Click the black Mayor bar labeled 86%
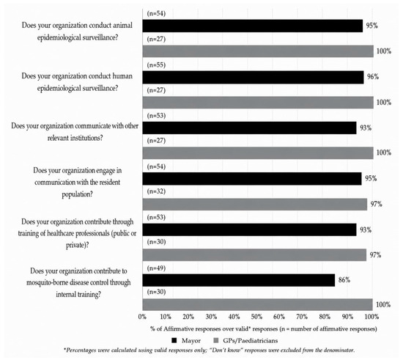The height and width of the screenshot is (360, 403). point(239,280)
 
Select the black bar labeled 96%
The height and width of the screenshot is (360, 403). point(254,78)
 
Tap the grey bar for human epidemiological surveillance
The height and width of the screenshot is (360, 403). point(258,103)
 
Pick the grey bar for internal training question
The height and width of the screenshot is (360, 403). point(257,304)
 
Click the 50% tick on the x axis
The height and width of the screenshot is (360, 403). point(256,317)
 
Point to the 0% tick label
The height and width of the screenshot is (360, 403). point(142,317)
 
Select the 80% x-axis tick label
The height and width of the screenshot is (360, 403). point(325,317)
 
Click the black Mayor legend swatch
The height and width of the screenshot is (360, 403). point(174,340)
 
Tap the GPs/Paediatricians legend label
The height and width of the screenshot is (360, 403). point(251,341)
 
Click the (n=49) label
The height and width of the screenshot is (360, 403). point(156,268)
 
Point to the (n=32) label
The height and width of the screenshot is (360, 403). point(156,191)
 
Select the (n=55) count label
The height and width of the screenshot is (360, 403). point(156,65)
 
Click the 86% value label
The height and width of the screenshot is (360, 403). point(344,280)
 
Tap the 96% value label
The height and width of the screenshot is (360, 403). point(373,77)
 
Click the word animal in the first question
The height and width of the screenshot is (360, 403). point(123,26)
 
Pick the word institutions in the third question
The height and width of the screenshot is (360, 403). point(86,138)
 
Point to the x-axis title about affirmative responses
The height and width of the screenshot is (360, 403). point(264,329)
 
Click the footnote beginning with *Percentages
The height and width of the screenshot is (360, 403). point(209,350)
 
